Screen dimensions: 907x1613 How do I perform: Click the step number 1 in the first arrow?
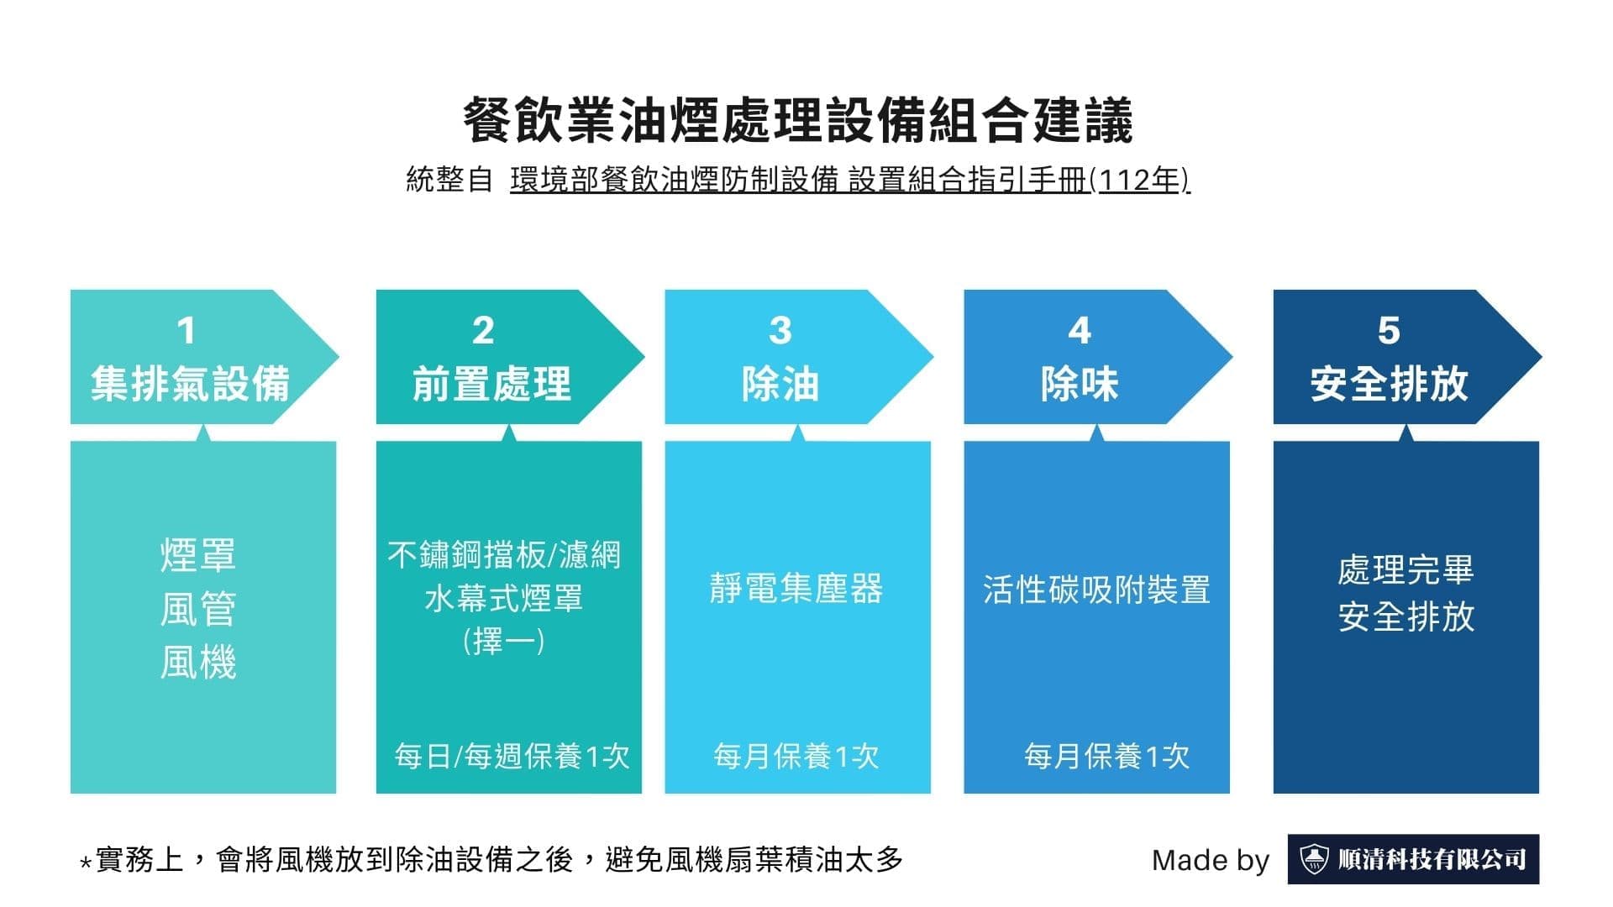point(187,331)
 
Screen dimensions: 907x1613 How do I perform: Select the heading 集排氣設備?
point(190,384)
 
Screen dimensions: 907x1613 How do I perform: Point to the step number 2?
point(483,331)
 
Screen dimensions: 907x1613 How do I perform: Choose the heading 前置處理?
point(491,384)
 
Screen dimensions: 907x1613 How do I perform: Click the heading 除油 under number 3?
point(780,384)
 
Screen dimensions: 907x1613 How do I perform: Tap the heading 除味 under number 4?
point(1080,384)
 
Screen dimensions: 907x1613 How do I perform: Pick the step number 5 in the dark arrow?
point(1389,331)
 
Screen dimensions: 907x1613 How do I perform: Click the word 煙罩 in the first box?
point(198,555)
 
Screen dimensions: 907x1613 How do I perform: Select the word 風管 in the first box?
point(198,609)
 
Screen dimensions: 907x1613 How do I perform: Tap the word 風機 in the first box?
point(198,663)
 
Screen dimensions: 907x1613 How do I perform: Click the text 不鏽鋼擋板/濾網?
point(504,555)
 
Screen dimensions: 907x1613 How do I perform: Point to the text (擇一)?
point(504,642)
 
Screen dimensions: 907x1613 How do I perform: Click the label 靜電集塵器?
point(796,589)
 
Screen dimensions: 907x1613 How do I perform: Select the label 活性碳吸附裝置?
point(1096,590)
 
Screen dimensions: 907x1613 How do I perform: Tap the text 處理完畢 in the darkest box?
point(1405,570)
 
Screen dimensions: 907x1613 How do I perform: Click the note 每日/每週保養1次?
point(512,757)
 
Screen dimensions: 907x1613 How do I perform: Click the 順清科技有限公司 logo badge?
point(1413,859)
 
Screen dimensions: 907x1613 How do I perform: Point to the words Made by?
point(1210,860)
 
